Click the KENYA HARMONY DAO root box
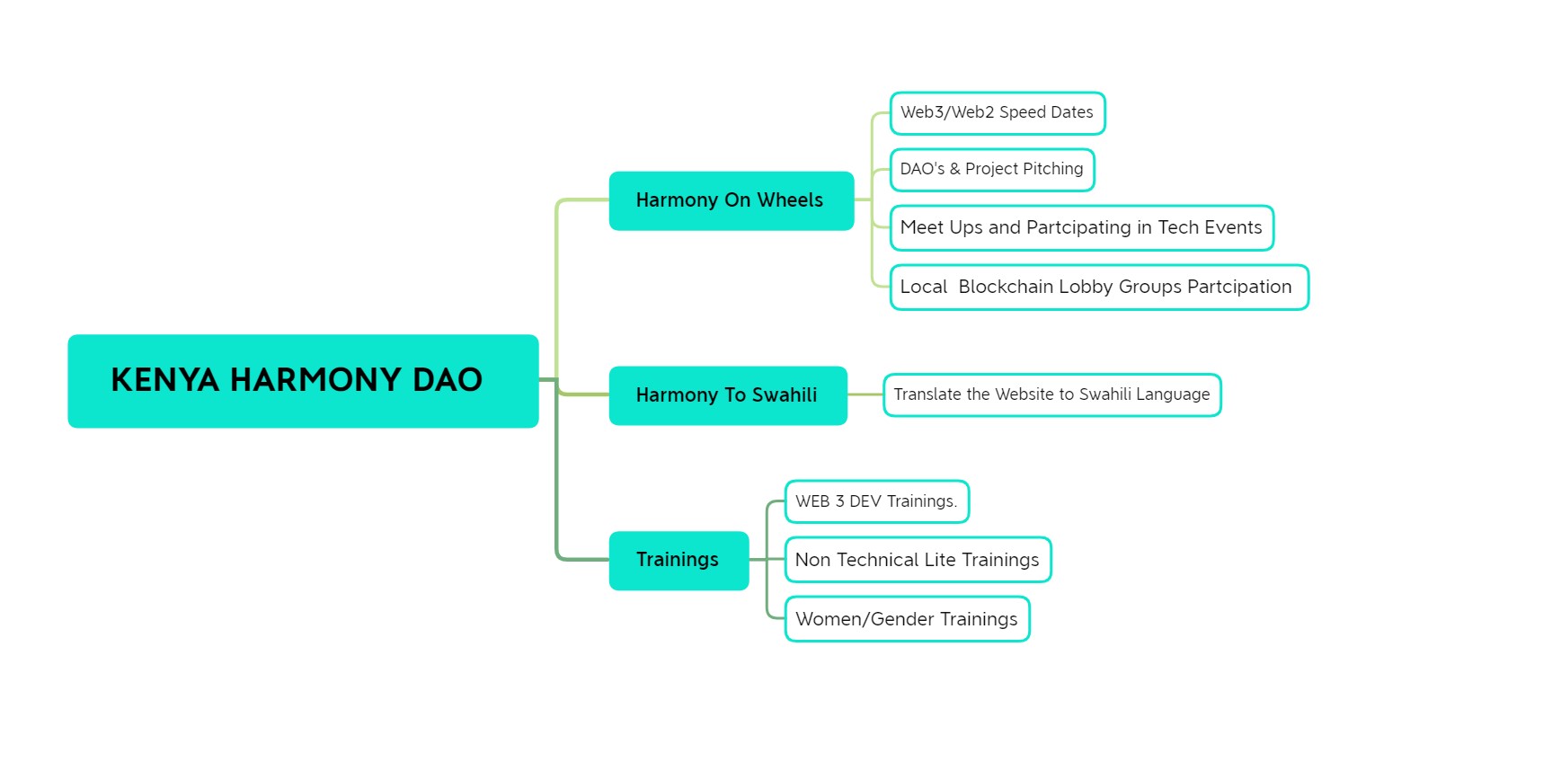303,381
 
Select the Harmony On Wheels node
732,200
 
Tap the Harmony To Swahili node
728,395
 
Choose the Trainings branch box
679,561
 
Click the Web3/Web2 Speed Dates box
998,113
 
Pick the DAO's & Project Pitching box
992,170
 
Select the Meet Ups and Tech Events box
1082,228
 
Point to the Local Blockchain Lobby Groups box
1099,288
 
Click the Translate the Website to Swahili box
1052,395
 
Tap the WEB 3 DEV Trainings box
877,501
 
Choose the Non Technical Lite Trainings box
918,560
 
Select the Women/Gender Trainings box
908,619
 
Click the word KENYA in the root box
165,380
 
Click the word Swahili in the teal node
785,395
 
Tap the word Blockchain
1006,287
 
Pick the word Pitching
1053,170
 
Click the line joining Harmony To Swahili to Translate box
865,394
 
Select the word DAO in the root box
448,380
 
